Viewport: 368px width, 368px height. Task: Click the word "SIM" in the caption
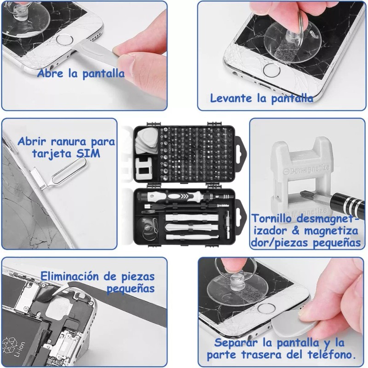(x=88, y=154)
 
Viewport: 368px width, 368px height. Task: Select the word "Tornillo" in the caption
(x=271, y=218)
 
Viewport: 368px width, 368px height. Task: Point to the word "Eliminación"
(x=70, y=276)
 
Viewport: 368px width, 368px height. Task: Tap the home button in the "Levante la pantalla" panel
(x=271, y=70)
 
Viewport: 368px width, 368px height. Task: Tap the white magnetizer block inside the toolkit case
(x=144, y=169)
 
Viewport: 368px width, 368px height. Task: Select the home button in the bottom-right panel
(x=266, y=308)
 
